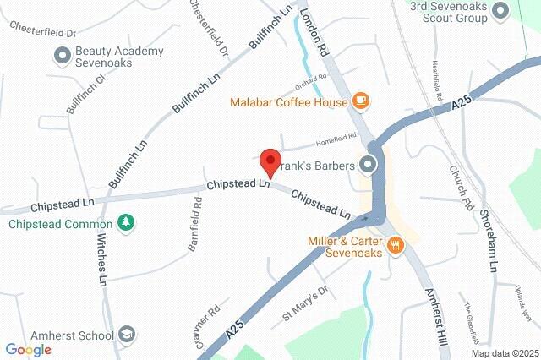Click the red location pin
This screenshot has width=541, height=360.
[270, 161]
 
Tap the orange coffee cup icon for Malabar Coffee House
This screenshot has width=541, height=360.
[361, 101]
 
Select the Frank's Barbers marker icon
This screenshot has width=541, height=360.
[369, 164]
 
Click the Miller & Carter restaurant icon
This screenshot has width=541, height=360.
[395, 245]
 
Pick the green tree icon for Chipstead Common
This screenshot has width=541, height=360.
[126, 222]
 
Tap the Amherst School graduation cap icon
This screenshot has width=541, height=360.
[127, 335]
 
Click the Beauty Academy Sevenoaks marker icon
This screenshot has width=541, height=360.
[62, 57]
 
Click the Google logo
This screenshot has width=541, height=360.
[28, 350]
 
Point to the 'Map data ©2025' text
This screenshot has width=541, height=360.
[504, 352]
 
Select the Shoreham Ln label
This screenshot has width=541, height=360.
[490, 240]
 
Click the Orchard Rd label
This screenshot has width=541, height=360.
[310, 83]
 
